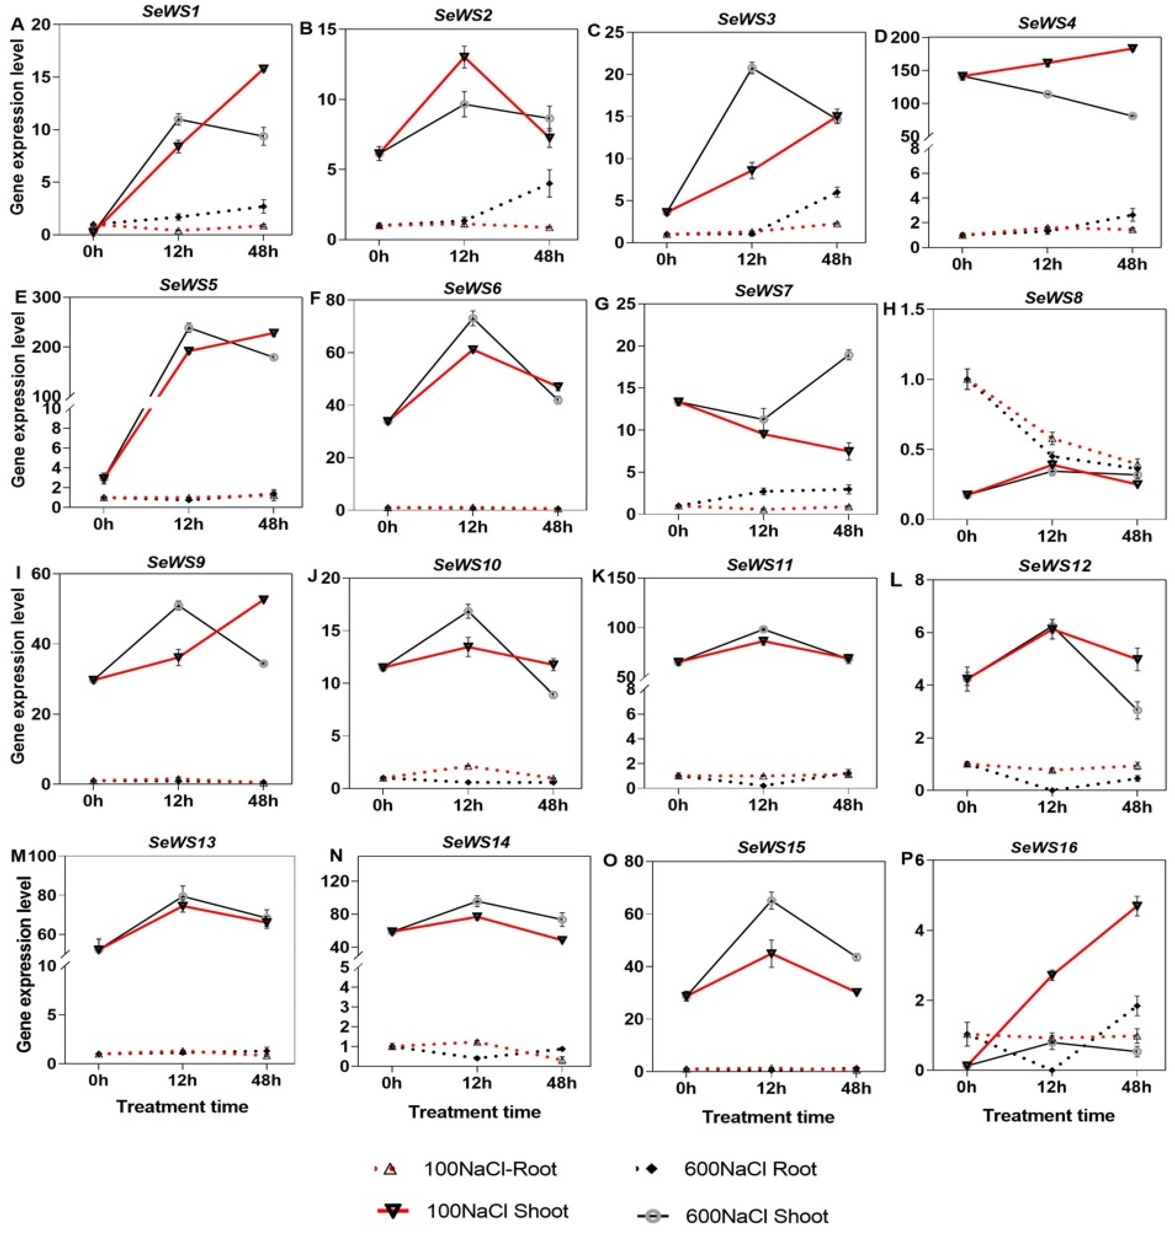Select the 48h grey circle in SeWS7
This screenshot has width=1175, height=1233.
[849, 355]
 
